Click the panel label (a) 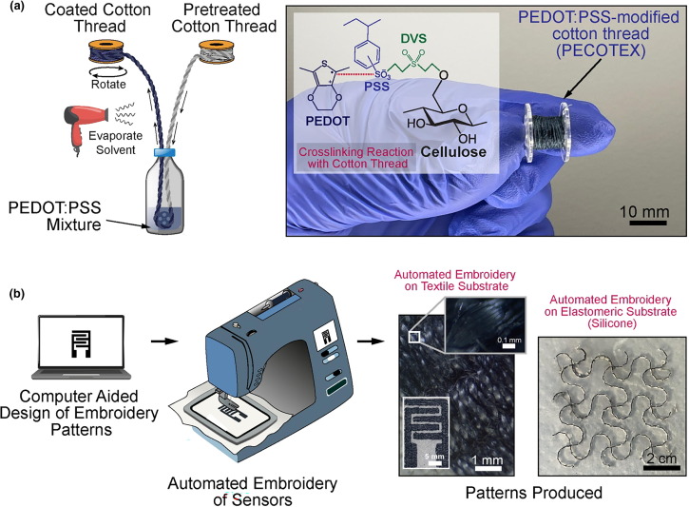click(x=16, y=10)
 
